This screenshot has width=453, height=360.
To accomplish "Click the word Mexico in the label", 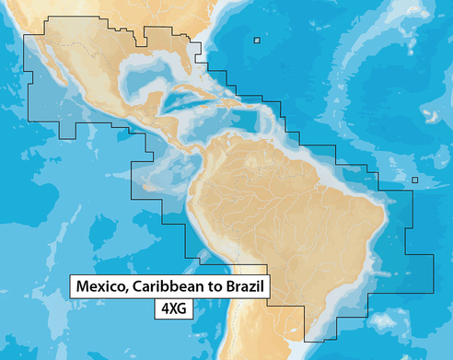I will [100, 287].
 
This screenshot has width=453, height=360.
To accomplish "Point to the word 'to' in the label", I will [215, 287].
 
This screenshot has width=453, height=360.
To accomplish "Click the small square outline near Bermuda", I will [257, 40].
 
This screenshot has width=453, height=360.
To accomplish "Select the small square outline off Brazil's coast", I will [415, 180].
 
